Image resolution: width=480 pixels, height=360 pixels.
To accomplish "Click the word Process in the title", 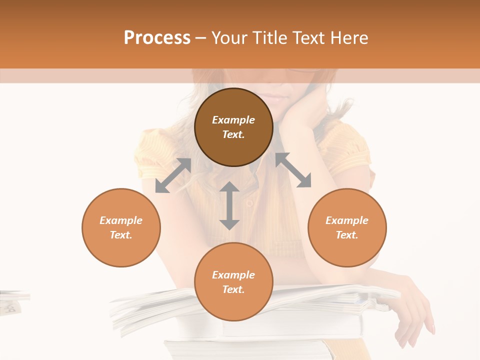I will (x=157, y=37).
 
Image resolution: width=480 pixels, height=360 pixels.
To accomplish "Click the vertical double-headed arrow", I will (x=229, y=205).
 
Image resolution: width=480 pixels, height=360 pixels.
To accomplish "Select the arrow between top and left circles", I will (x=173, y=175).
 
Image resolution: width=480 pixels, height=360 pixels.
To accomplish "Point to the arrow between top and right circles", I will (x=293, y=170).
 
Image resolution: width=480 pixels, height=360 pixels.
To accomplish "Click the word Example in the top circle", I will (x=233, y=120).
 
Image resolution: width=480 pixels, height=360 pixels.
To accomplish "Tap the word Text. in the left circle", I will (x=121, y=235).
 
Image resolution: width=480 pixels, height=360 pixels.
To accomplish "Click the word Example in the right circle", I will (x=347, y=220).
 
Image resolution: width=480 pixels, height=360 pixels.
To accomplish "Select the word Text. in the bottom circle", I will (x=233, y=289).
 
